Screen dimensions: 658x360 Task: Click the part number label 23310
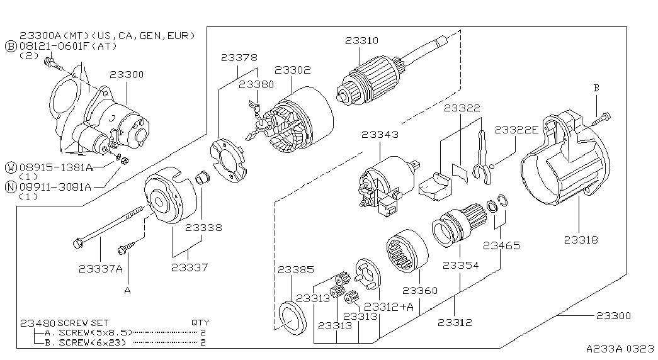pos(361,41)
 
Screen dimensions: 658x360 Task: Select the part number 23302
pos(293,70)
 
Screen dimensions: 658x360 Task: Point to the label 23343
pos(380,134)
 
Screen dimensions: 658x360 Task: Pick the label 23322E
pos(516,130)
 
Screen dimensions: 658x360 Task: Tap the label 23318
pos(581,240)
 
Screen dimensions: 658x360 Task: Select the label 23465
pos(501,245)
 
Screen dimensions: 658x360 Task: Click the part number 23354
pos(460,265)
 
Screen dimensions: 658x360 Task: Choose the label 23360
pos(419,290)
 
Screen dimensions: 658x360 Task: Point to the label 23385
pos(295,270)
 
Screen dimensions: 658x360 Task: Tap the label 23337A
pos(101,269)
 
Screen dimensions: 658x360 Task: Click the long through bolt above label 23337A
pos(111,225)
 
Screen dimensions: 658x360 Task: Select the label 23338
pos(203,228)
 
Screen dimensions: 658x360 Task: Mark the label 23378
pos(239,57)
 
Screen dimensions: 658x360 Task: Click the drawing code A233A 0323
pos(620,349)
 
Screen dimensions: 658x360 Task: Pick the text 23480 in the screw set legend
pos(38,323)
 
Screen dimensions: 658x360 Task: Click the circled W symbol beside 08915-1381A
pos(11,168)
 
